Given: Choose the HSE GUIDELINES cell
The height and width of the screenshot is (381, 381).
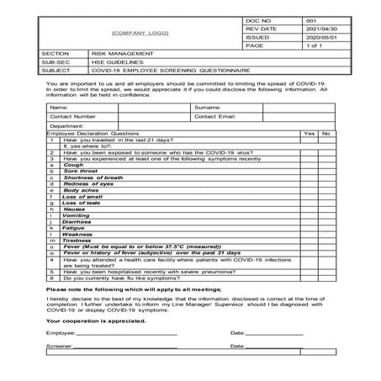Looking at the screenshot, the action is tap(113, 62).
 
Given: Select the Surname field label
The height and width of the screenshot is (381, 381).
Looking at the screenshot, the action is tap(207, 108).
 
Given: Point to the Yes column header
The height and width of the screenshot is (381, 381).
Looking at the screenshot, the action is tap(309, 133).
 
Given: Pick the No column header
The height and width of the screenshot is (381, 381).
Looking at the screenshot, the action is tap(325, 133).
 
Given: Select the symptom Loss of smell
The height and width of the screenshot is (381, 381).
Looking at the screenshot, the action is tap(80, 196).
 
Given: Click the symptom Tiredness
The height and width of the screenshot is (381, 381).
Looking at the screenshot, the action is tap(77, 240).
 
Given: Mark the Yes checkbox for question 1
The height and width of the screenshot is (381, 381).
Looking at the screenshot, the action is tap(309, 140).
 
